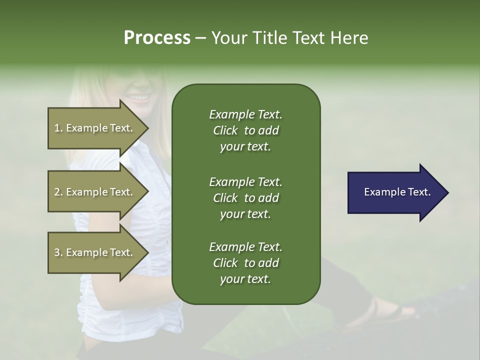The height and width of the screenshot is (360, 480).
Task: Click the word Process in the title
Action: point(157,38)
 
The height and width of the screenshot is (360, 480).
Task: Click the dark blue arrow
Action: point(395,192)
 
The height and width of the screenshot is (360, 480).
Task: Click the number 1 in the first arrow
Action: point(57,128)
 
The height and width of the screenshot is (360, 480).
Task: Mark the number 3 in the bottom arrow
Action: point(57,253)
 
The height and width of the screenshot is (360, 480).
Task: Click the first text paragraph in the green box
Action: point(245,130)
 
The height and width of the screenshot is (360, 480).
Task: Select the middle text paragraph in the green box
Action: point(245,197)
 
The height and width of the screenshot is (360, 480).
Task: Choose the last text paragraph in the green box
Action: point(245,263)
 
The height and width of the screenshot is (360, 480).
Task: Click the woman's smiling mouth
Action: point(139,97)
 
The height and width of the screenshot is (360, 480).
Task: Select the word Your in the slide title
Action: point(227,38)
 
